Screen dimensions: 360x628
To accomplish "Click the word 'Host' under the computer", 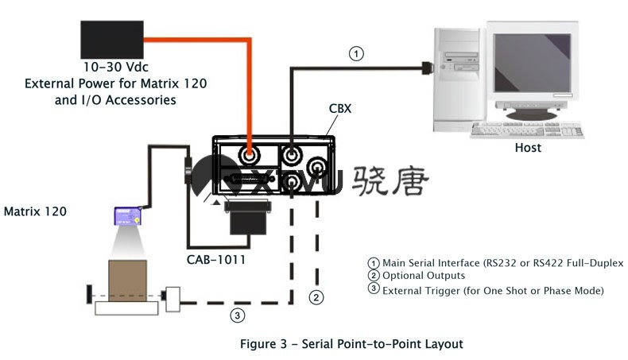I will pos(528,148).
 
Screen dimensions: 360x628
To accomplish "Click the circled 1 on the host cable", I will pos(358,54).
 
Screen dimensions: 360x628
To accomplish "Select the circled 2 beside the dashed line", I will pos(316,298).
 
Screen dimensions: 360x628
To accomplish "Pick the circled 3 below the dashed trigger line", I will pos(237,315).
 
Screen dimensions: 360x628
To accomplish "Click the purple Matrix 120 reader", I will pos(127,215).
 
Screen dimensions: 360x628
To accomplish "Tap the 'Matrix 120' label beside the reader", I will pos(35,212).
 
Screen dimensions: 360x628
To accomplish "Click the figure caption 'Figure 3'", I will pos(267,344).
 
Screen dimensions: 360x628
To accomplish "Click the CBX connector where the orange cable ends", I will pos(249,149).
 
